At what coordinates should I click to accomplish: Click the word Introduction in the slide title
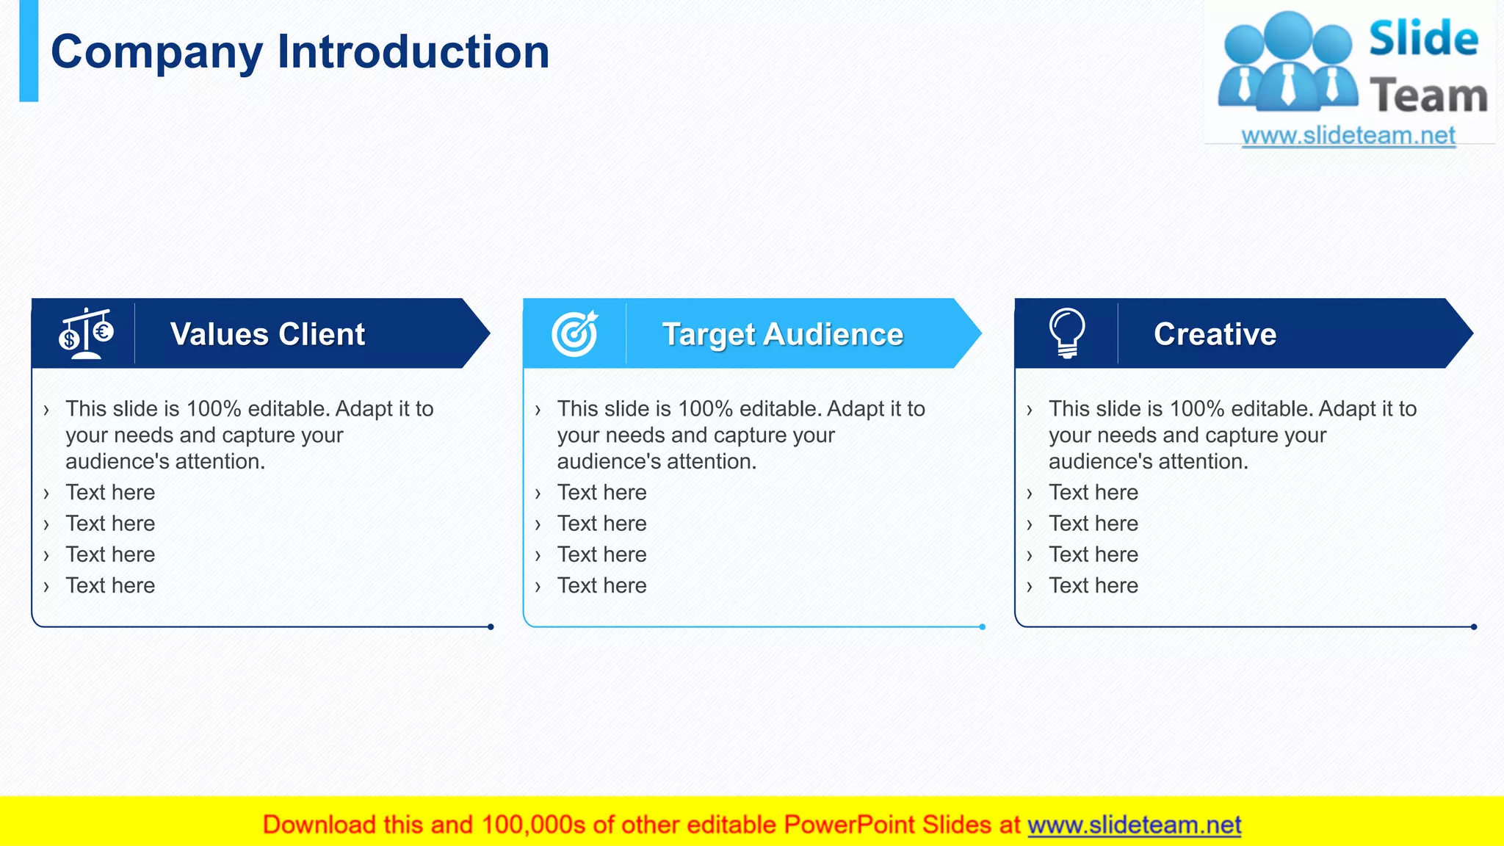tap(413, 53)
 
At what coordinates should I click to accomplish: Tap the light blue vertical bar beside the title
tap(29, 51)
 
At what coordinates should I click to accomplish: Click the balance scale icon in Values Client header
tap(86, 333)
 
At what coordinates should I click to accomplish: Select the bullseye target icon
tap(575, 333)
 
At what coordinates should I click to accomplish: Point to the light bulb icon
tap(1067, 333)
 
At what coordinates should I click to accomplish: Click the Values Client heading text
tap(267, 334)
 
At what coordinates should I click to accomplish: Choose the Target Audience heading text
tap(783, 334)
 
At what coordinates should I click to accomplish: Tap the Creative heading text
tap(1215, 334)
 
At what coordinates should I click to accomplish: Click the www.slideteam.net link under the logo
tap(1348, 136)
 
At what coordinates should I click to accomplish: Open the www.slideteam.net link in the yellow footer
tap(1134, 825)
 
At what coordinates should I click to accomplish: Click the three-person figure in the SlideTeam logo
tap(1287, 62)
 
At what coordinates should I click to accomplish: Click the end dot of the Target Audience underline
tap(983, 627)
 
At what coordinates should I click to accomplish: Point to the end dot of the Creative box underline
tap(1474, 627)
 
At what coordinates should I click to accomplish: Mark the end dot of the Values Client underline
tap(491, 627)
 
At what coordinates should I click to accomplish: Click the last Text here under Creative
tap(1093, 586)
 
